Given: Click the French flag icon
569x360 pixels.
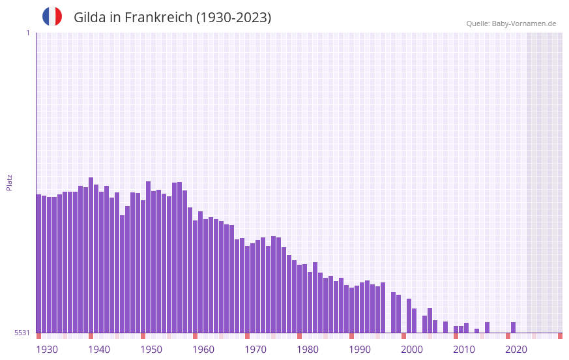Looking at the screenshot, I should tap(52, 17).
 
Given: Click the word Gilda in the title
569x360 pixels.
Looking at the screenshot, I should tap(90, 18).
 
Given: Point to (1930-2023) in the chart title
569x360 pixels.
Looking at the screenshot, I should tap(234, 18).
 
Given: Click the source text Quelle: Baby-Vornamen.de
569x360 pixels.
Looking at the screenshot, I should tap(511, 23).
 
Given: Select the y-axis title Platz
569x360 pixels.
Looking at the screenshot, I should tap(9, 182).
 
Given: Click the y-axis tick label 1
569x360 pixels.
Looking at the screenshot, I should tap(27, 33).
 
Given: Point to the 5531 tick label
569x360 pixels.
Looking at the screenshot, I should tap(22, 333).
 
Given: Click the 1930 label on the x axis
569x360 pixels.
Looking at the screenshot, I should tap(47, 350).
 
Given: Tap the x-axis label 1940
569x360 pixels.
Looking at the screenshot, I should tap(99, 350).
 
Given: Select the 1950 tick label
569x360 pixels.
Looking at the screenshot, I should tap(151, 350).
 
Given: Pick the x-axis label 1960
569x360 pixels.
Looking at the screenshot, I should tap(203, 350).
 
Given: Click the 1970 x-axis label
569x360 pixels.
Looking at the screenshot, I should tap(255, 350).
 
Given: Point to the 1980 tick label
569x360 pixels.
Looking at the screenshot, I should tap(308, 350).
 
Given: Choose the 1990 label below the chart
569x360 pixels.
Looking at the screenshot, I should tap(360, 350).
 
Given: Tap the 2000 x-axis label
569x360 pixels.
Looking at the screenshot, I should tap(412, 350).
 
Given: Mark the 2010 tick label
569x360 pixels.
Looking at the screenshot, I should tap(464, 350).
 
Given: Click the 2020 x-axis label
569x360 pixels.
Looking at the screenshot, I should tap(516, 350).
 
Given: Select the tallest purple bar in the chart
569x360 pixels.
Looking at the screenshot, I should tap(91, 254).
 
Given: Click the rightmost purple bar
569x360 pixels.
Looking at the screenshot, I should tap(514, 327).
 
